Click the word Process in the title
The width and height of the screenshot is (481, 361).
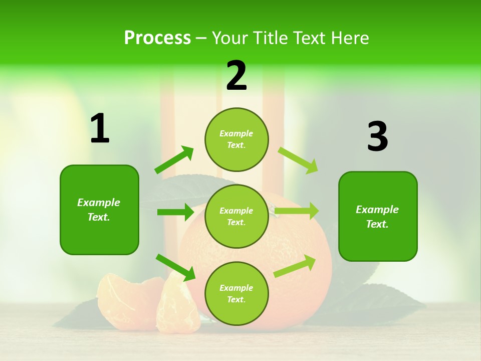point(157,38)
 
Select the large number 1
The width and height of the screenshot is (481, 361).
point(100,129)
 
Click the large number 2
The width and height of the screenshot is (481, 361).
point(236,76)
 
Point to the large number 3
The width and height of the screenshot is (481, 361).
point(377,137)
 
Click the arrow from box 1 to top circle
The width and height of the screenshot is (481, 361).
point(174,160)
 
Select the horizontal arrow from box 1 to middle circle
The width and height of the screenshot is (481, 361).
point(175,212)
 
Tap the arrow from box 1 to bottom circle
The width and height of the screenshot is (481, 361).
point(175,267)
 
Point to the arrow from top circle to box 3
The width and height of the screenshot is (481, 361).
point(298,160)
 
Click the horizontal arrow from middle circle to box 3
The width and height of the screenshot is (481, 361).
point(297,211)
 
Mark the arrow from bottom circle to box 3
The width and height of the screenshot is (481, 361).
point(295,266)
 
